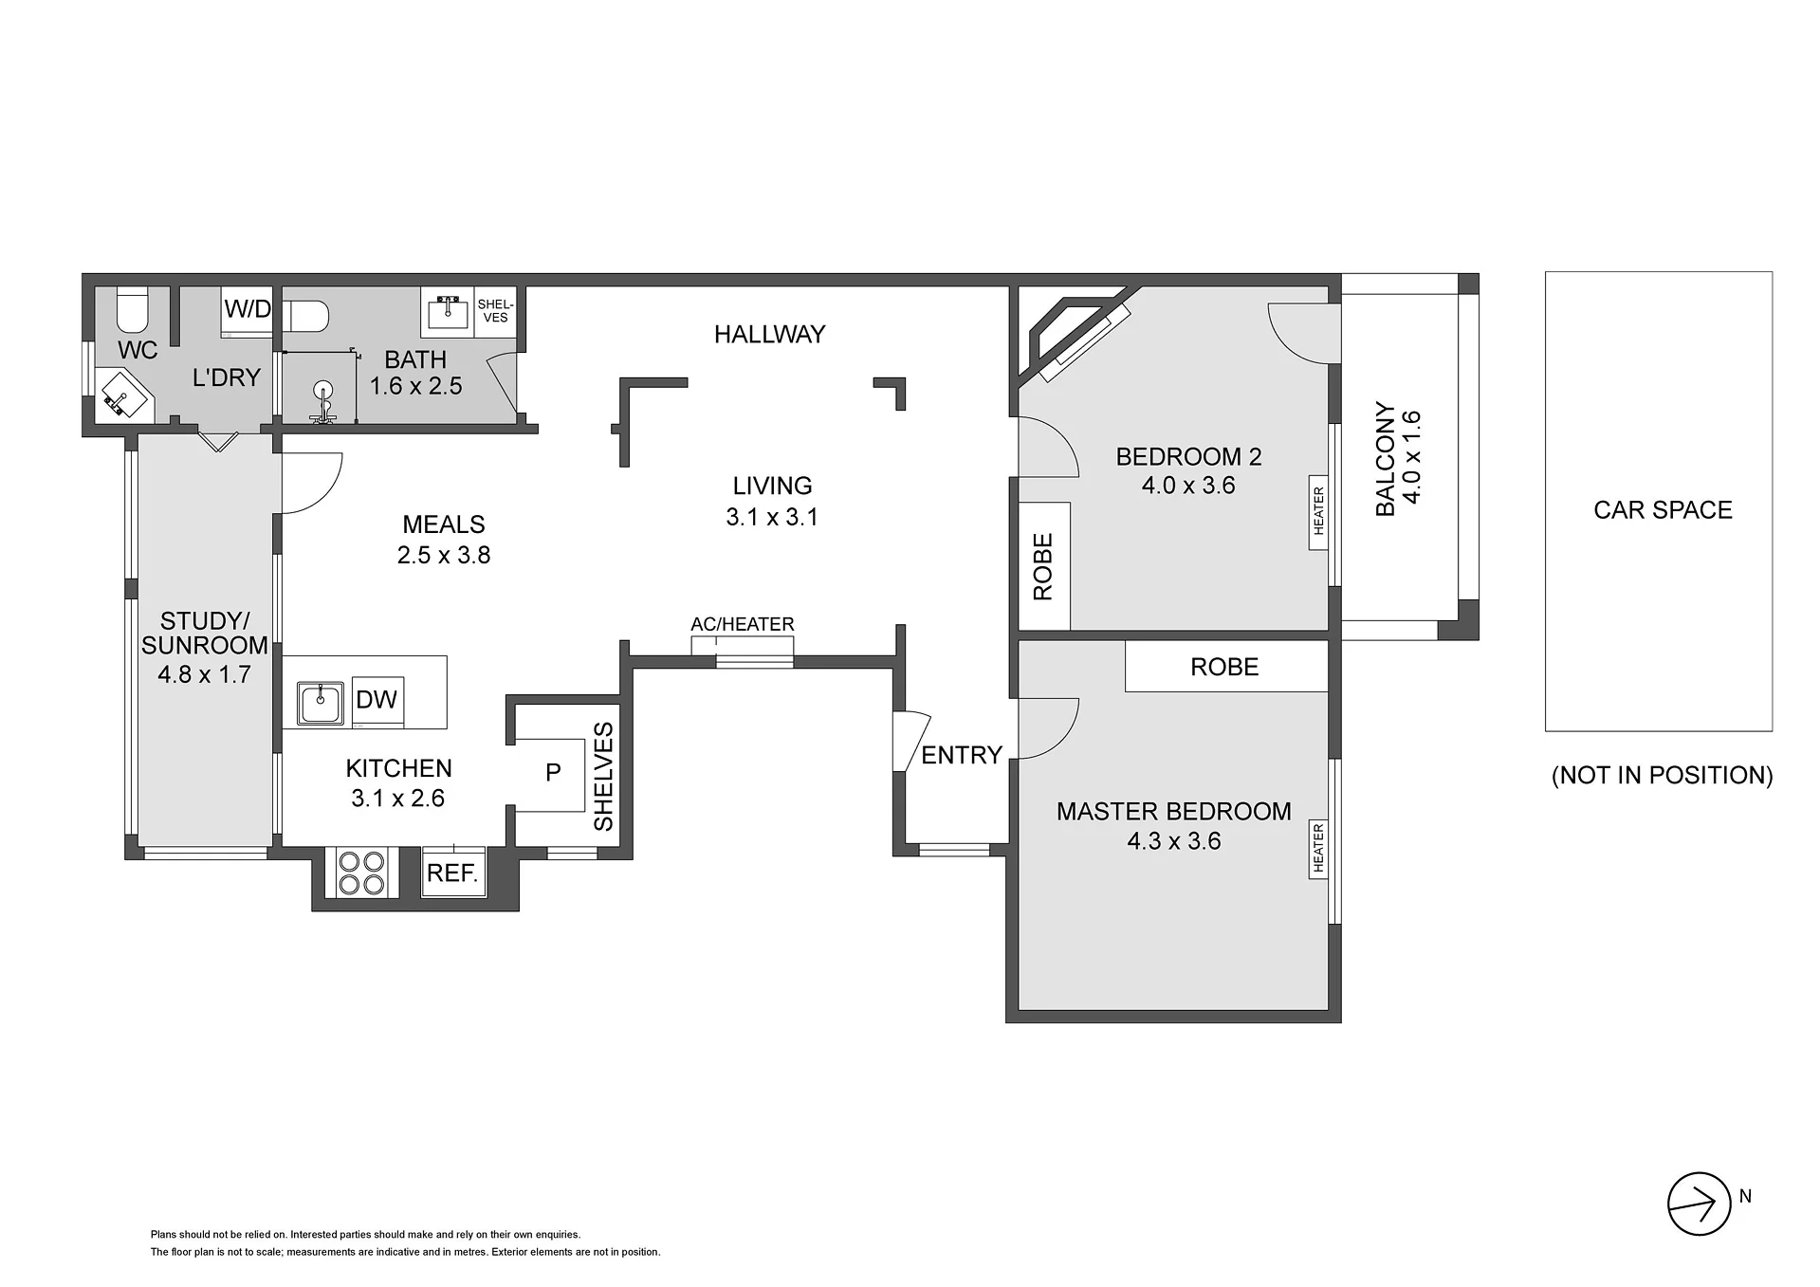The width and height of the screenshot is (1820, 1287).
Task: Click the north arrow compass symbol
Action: [x=1700, y=1204]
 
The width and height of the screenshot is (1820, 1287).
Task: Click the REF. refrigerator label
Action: [x=451, y=873]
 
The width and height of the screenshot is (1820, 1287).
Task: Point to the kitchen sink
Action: [x=321, y=703]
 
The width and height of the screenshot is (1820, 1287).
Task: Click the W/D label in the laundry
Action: [x=248, y=309]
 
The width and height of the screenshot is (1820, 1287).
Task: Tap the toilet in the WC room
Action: [x=133, y=308]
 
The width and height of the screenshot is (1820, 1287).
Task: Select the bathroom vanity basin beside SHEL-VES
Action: [x=447, y=312]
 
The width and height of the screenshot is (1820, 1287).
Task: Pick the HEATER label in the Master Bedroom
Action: [x=1318, y=848]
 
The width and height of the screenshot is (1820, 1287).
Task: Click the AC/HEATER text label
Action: [x=743, y=624]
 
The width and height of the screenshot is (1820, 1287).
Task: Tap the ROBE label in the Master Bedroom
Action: [x=1224, y=667]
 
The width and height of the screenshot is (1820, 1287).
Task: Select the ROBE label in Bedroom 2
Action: [x=1043, y=567]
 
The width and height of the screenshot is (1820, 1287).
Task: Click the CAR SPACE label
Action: [x=1663, y=510]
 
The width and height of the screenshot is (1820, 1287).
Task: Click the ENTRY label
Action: [x=962, y=755]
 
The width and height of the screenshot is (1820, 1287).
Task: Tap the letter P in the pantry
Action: [x=553, y=773]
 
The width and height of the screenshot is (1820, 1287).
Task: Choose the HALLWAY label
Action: [x=769, y=334]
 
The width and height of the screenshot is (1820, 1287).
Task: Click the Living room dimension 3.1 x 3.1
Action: [x=772, y=517]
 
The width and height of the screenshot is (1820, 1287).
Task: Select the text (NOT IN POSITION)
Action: [x=1663, y=775]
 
